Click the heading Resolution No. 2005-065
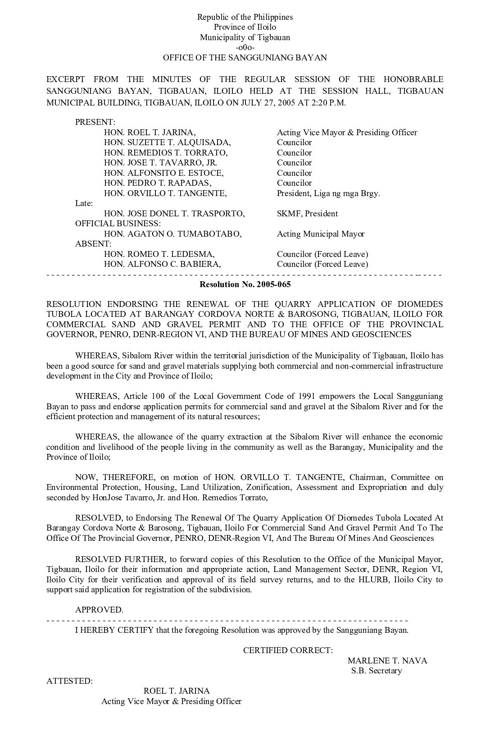point(245,284)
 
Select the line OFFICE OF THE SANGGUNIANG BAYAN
point(245,58)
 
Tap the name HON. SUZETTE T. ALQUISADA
point(167,142)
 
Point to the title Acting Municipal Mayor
point(321,234)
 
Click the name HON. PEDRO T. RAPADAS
point(158,183)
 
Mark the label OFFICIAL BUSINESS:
point(118,224)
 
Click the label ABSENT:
point(93,244)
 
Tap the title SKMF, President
point(307,214)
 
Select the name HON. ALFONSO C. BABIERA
point(163,264)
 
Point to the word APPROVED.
point(99,610)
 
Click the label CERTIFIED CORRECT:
point(288,650)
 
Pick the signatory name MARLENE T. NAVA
point(387,661)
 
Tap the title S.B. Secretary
point(377,671)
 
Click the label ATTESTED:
point(70,681)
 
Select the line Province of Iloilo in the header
point(245,27)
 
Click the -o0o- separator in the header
point(245,47)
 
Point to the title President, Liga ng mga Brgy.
point(328,193)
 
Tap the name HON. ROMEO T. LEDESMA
point(159,254)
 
